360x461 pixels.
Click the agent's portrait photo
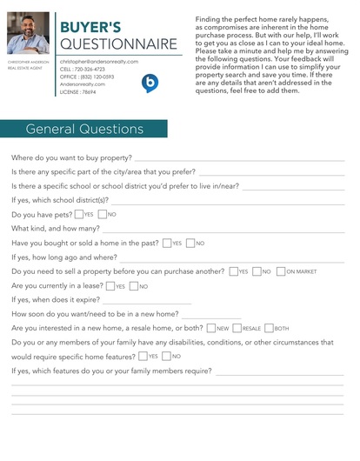pos(28,33)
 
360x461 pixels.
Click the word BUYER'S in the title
pos(90,28)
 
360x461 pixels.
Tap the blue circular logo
pos(150,83)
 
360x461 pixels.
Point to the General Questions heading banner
pos(84,130)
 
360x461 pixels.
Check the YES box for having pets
pos(79,214)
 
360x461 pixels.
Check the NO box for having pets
pos(103,214)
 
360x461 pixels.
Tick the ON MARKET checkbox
pos(281,271)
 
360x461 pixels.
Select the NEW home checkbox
pos(211,329)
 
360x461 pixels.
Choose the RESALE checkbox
pos(237,329)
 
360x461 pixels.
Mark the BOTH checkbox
pos(269,329)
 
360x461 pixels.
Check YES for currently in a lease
pos(110,286)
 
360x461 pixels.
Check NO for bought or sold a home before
pos(190,244)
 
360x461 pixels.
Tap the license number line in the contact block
pos(77,90)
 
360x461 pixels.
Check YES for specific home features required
pos(143,357)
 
